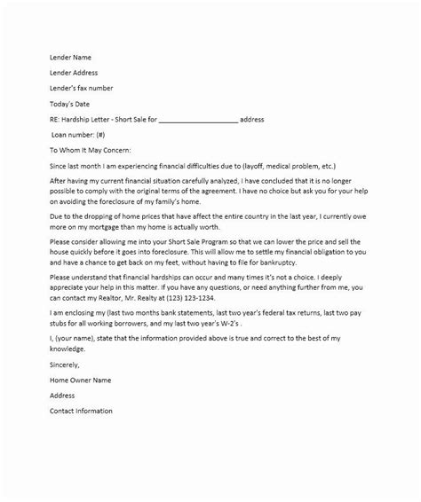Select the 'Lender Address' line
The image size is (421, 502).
(74, 73)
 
